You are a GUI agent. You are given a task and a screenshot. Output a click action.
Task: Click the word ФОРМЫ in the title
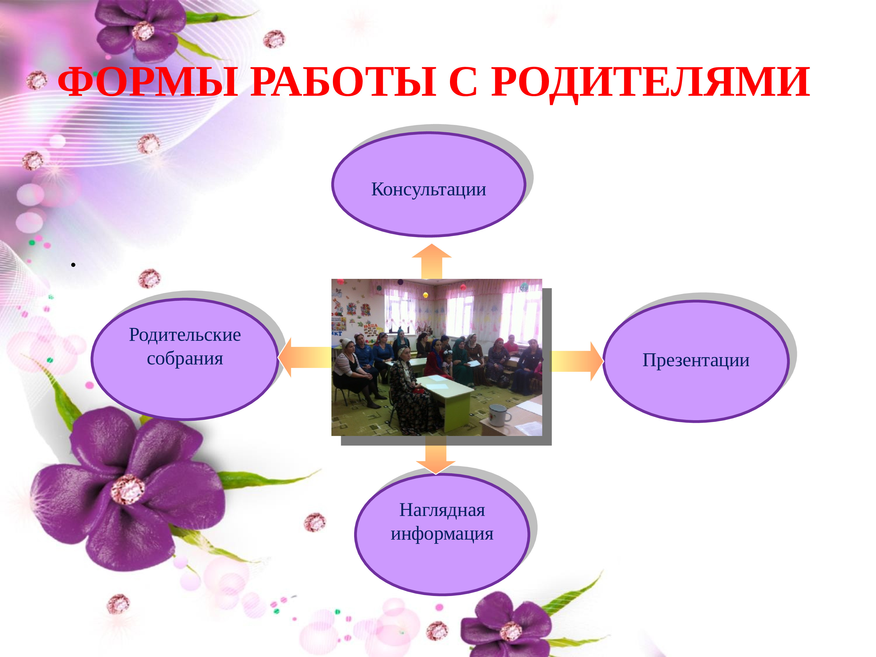coord(148,82)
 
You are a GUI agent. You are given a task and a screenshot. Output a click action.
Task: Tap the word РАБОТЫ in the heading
coord(343,82)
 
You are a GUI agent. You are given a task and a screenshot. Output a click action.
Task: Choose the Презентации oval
coord(696,361)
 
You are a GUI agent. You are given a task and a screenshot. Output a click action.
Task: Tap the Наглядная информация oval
coord(442,534)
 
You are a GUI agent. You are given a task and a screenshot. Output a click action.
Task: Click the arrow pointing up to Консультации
coord(432,261)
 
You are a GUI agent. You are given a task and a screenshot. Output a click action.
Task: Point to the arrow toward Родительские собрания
coord(305,357)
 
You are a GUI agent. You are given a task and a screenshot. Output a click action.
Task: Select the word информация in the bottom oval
coord(442,534)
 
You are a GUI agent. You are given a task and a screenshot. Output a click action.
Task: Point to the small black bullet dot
coord(73,265)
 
